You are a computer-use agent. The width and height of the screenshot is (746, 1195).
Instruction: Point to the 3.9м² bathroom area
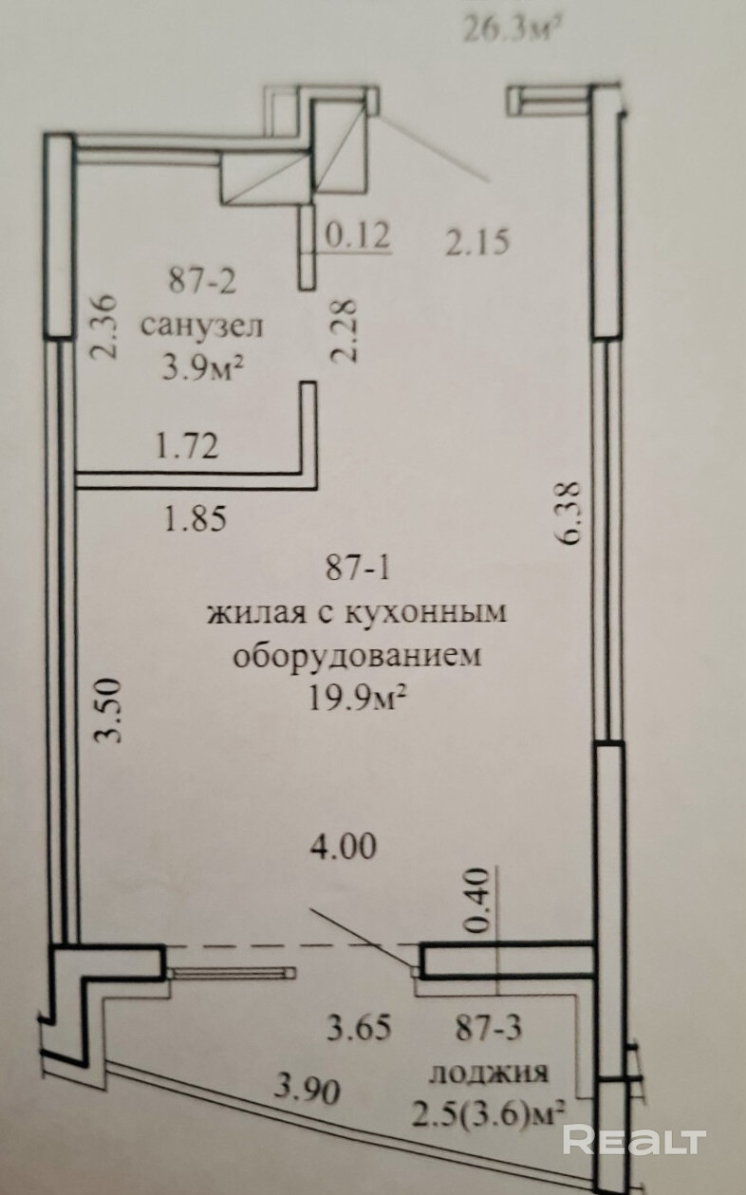203,367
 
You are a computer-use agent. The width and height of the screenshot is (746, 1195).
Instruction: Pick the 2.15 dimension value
477,242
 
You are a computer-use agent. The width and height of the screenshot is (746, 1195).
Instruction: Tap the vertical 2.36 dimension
103,327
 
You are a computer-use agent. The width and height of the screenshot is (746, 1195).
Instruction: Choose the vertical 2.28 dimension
344,330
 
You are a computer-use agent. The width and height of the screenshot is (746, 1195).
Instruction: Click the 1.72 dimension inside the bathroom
187,446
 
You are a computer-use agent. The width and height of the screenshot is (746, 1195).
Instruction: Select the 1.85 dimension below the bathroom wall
196,518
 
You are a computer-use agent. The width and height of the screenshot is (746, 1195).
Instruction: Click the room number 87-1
358,569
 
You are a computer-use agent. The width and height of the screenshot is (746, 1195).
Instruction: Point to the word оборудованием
357,656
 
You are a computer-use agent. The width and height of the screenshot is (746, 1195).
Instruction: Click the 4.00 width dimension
344,847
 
